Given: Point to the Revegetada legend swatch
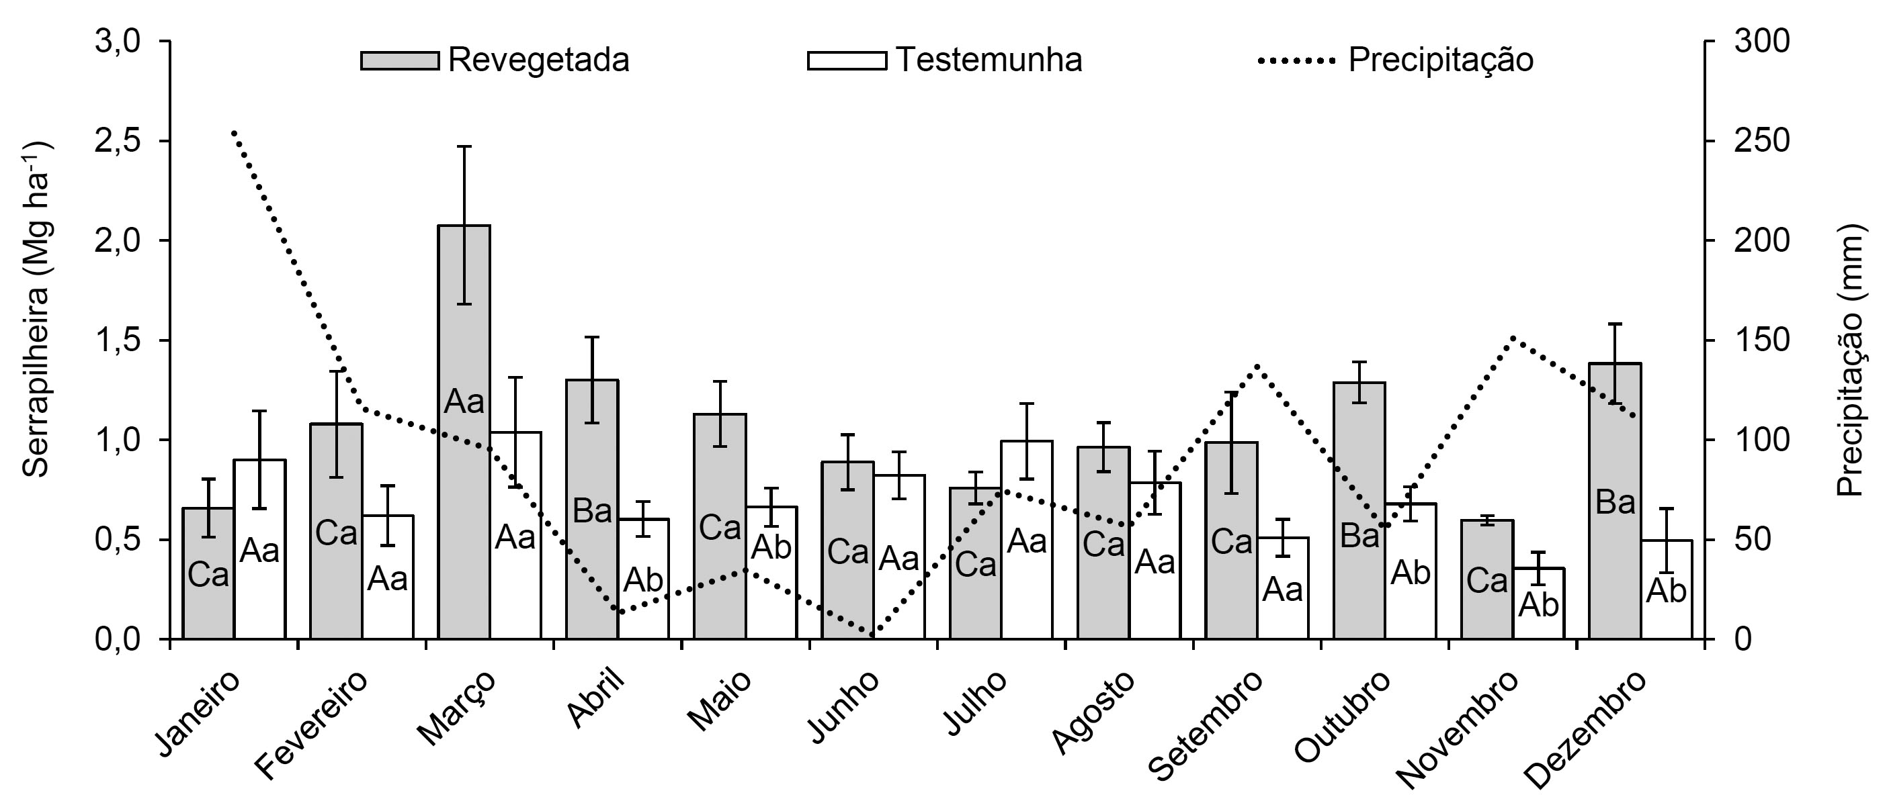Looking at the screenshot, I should click(399, 60).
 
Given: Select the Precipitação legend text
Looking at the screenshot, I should click(1440, 60).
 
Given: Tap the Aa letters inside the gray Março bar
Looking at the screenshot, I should click(464, 402).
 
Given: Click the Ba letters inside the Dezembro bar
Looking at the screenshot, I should click(1616, 503).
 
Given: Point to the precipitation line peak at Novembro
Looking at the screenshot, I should click(1513, 338).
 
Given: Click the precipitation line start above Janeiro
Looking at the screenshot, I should click(233, 132).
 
